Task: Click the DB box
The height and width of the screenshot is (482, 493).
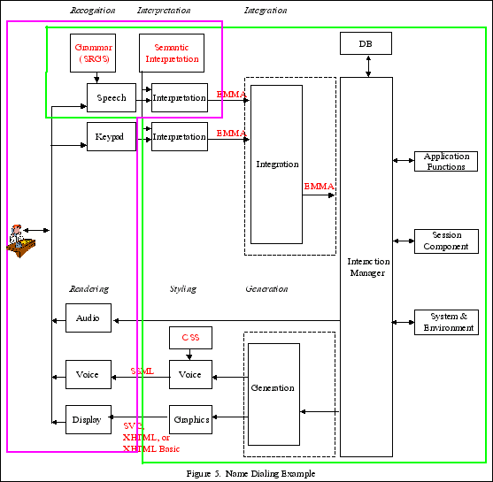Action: [366, 42]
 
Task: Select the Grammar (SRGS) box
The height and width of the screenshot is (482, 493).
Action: [93, 53]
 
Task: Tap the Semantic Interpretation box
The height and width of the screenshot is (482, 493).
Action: [172, 53]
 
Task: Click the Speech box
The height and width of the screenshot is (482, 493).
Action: [112, 98]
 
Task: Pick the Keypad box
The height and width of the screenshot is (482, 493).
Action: [112, 136]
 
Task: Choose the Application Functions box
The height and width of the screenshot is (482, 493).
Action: [446, 161]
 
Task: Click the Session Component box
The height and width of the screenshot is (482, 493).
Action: [446, 241]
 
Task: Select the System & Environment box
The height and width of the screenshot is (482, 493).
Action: [446, 322]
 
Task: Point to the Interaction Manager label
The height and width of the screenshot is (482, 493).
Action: [366, 267]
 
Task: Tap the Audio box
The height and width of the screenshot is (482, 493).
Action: [89, 318]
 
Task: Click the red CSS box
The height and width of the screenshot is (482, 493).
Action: [190, 338]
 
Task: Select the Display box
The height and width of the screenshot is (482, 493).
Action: [89, 419]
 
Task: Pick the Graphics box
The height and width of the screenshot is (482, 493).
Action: [190, 419]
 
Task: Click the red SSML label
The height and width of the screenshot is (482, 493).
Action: [142, 371]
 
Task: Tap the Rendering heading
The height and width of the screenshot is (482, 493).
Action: [89, 289]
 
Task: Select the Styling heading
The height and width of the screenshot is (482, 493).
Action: [182, 289]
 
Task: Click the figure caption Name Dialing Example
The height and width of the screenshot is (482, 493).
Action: [250, 474]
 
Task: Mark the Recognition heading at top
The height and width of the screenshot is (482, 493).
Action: [92, 11]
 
